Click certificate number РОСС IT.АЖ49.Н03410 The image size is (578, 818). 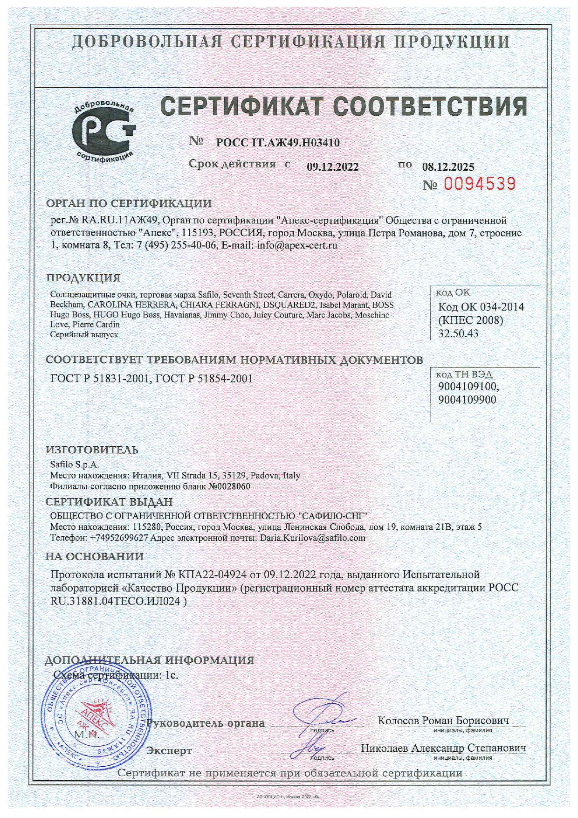click(278, 143)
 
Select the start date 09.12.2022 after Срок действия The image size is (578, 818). click(332, 167)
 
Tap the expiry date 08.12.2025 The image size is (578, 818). click(448, 167)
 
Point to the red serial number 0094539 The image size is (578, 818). click(480, 184)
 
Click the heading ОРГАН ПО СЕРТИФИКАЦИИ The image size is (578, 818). click(129, 203)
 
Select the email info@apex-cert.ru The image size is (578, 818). click(297, 245)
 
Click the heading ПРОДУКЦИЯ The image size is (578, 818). click(83, 277)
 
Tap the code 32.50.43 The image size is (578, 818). click(458, 333)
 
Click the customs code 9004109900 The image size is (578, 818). click(467, 400)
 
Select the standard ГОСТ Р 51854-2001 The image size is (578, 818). click(204, 378)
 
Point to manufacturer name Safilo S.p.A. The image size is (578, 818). click(75, 464)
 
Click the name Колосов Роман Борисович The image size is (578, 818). click(443, 721)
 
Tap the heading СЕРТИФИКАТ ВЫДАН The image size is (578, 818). click(109, 502)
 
